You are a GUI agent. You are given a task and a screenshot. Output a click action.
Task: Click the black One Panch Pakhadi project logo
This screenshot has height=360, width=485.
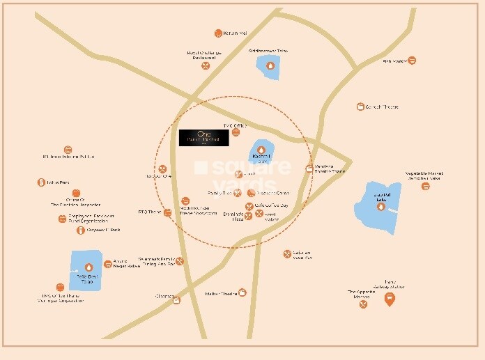click(x=203, y=137)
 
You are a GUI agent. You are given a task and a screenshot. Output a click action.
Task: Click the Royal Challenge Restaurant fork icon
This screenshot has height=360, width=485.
click(x=206, y=65)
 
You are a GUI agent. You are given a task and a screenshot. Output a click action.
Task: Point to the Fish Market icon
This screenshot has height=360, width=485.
click(x=412, y=61)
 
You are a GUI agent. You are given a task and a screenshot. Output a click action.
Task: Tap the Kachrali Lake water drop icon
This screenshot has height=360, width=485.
click(x=261, y=150)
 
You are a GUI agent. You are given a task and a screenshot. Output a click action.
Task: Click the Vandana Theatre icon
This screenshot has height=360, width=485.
click(x=309, y=168)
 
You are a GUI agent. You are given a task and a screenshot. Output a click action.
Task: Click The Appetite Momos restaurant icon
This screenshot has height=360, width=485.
click(x=363, y=304)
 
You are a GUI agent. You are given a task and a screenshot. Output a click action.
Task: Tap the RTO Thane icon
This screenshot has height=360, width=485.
click(x=167, y=212)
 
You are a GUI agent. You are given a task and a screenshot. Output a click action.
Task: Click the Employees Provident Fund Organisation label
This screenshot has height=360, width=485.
click(x=90, y=219)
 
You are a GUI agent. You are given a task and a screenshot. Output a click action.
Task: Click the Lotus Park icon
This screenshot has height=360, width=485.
click(x=41, y=182)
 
